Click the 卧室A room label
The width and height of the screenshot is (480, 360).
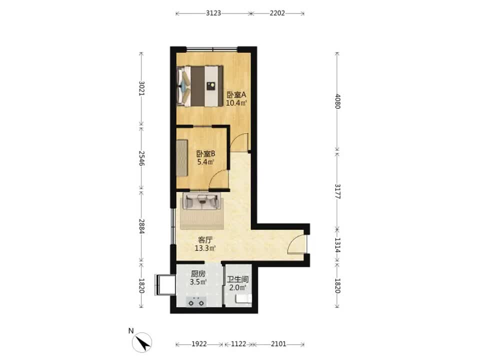click(x=236, y=94)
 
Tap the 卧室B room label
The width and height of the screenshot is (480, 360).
click(x=205, y=153)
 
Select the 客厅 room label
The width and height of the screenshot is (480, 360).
click(x=205, y=239)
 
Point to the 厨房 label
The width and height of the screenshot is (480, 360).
click(x=198, y=273)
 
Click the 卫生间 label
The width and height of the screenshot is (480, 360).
click(x=237, y=279)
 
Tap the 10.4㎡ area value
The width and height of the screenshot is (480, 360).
click(x=236, y=103)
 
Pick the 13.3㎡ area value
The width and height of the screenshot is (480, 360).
click(x=205, y=248)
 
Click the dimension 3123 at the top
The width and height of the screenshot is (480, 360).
click(x=213, y=13)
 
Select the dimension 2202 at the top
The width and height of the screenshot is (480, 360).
click(x=277, y=13)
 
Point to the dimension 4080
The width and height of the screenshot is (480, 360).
click(x=337, y=101)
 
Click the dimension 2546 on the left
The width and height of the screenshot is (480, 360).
click(x=141, y=158)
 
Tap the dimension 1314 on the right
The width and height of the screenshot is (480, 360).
click(x=337, y=245)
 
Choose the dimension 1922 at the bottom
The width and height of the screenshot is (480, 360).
click(x=199, y=344)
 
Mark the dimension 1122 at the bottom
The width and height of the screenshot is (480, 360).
click(x=238, y=344)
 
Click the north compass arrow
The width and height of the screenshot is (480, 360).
click(x=142, y=342)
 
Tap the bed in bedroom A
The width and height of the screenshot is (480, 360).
click(x=200, y=86)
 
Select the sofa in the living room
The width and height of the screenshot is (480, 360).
click(x=201, y=201)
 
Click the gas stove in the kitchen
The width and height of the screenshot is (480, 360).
click(x=196, y=302)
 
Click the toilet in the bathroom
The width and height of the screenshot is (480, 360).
click(x=243, y=299)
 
